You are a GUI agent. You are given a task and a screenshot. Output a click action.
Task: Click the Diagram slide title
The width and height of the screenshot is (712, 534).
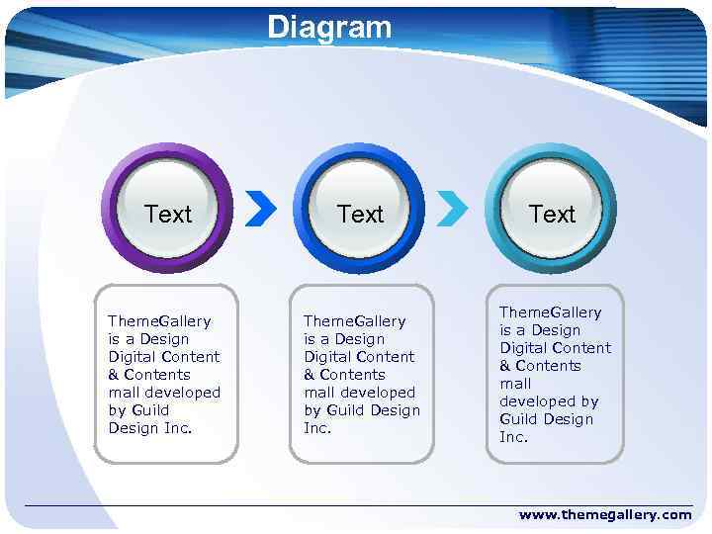329,27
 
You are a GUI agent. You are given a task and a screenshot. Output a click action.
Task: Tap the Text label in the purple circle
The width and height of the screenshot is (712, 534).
168,214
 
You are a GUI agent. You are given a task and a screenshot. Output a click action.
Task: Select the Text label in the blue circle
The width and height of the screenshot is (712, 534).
360,214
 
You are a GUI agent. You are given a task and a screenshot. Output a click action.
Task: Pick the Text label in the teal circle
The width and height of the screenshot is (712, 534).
552,214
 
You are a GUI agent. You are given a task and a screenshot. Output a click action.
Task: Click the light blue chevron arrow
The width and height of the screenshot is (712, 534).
452,209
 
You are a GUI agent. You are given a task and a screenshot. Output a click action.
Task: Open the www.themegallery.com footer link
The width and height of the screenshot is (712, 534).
605,515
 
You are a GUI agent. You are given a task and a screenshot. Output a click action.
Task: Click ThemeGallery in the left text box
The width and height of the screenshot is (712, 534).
159,321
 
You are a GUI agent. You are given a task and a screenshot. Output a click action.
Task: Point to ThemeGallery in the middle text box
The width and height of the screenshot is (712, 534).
354,321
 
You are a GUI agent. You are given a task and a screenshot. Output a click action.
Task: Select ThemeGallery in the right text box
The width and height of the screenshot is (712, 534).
550,312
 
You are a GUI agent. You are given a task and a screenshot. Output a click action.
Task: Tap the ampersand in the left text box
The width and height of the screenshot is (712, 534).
114,375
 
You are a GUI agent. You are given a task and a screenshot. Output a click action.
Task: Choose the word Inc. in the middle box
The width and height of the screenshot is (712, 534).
316,428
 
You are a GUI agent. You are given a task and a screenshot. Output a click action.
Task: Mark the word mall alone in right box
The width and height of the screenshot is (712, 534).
515,384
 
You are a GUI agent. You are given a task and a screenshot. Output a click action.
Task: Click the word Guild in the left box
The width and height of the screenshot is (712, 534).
150,410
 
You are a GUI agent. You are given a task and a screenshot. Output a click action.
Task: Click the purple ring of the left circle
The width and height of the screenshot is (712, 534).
110,209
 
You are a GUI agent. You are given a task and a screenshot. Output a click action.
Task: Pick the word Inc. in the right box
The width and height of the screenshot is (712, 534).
513,437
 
